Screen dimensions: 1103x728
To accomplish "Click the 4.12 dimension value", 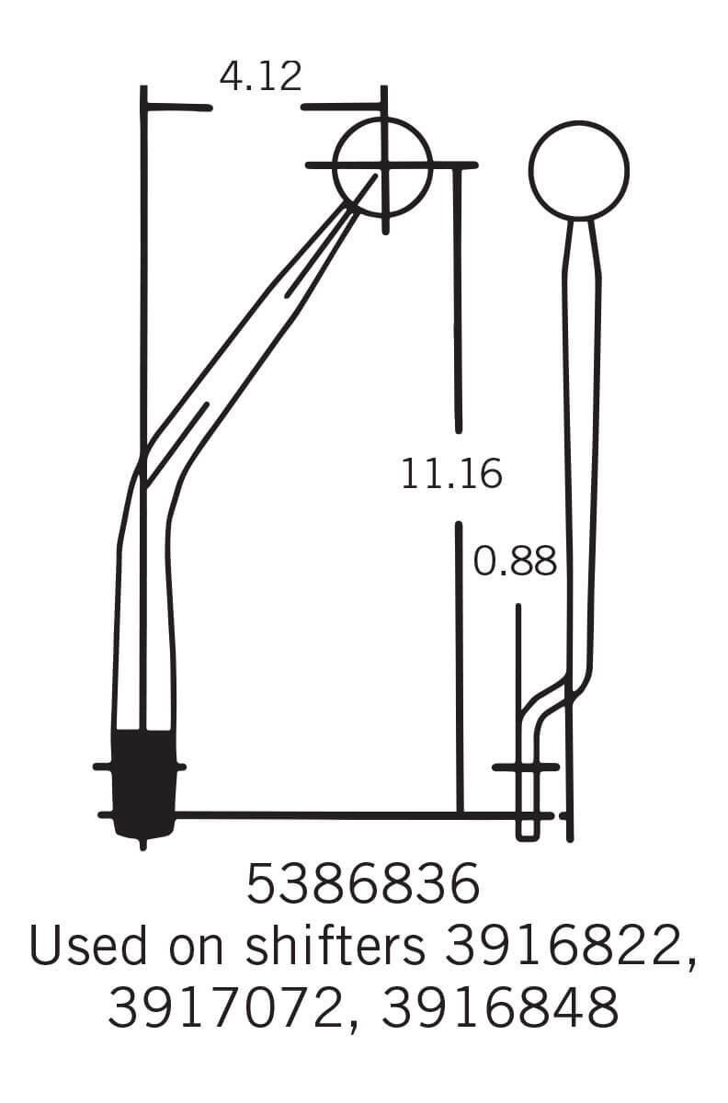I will coord(260,77).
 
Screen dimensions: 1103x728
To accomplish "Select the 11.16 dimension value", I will coord(451,474).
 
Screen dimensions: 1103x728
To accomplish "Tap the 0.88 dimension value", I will coord(515,562).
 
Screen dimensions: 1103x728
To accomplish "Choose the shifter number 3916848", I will coord(499,1008).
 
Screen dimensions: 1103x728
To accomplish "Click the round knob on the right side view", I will coord(579,170).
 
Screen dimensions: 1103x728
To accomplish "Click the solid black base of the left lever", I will coord(143,781).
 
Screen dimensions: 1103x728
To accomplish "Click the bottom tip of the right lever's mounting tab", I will coord(527,836).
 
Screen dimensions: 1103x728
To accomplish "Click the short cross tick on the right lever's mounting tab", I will coord(526,767).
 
